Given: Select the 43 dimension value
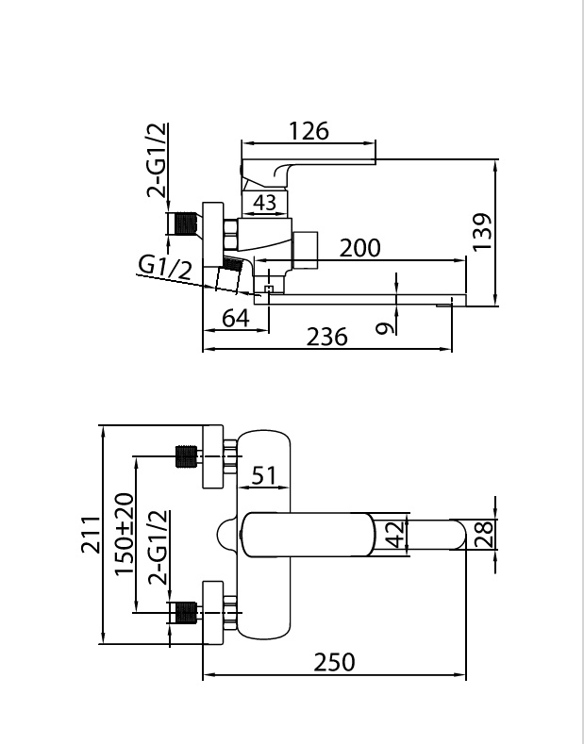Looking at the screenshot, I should [x=265, y=202].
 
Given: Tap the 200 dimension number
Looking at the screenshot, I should [x=359, y=247].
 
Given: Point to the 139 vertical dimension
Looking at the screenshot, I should [x=481, y=231].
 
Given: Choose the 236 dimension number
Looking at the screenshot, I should [x=327, y=336].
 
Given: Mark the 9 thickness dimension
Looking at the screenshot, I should [x=381, y=329].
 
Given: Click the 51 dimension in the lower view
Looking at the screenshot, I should [x=265, y=474].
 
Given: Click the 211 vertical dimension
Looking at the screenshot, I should [x=90, y=536].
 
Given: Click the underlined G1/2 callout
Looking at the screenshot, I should [x=165, y=267].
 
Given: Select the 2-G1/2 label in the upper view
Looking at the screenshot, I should [x=158, y=161].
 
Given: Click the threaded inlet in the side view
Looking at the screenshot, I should [x=185, y=224].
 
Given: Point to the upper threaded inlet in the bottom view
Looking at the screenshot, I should [x=186, y=457].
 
